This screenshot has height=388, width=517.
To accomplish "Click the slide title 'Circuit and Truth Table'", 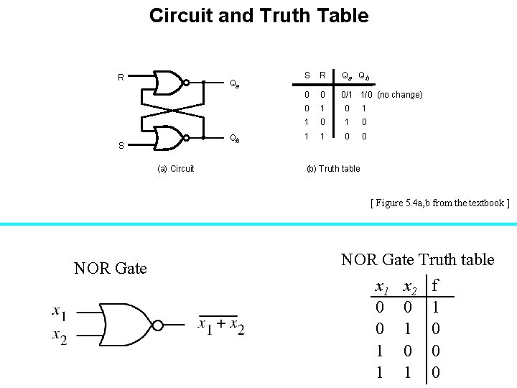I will pos(258,16).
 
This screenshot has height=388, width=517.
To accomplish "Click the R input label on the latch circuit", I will pos(121,77).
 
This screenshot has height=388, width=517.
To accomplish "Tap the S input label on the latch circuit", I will pos(121,146).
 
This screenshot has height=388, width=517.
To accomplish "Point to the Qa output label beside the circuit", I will pos(234,84).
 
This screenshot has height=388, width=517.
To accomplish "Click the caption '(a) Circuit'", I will pos(176,169).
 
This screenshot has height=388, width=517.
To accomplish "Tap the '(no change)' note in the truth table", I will pos(400,95).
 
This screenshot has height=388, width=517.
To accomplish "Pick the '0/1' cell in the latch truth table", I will pos(347,95).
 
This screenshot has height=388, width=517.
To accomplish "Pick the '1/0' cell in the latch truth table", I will pos(366,95).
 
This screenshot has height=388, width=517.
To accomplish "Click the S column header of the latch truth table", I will pos(307,75).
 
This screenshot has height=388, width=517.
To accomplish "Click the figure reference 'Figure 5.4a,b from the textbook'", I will pos(439,203).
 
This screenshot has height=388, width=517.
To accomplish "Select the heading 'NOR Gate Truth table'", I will pos(417,259).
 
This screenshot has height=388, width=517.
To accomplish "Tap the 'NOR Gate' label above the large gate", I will pos(110,269).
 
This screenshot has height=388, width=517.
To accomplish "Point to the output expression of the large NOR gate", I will pos(221,325).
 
